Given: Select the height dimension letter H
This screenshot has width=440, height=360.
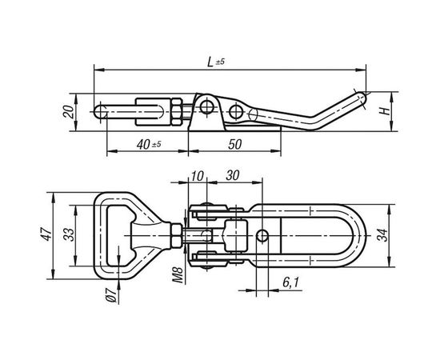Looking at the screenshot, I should tap(385, 110).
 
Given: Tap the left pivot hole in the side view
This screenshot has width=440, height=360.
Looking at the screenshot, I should tap(206, 105).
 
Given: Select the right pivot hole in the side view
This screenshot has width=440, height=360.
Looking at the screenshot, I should tap(237, 110).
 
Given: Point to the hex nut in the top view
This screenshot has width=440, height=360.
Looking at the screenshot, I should tap(175, 234).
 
